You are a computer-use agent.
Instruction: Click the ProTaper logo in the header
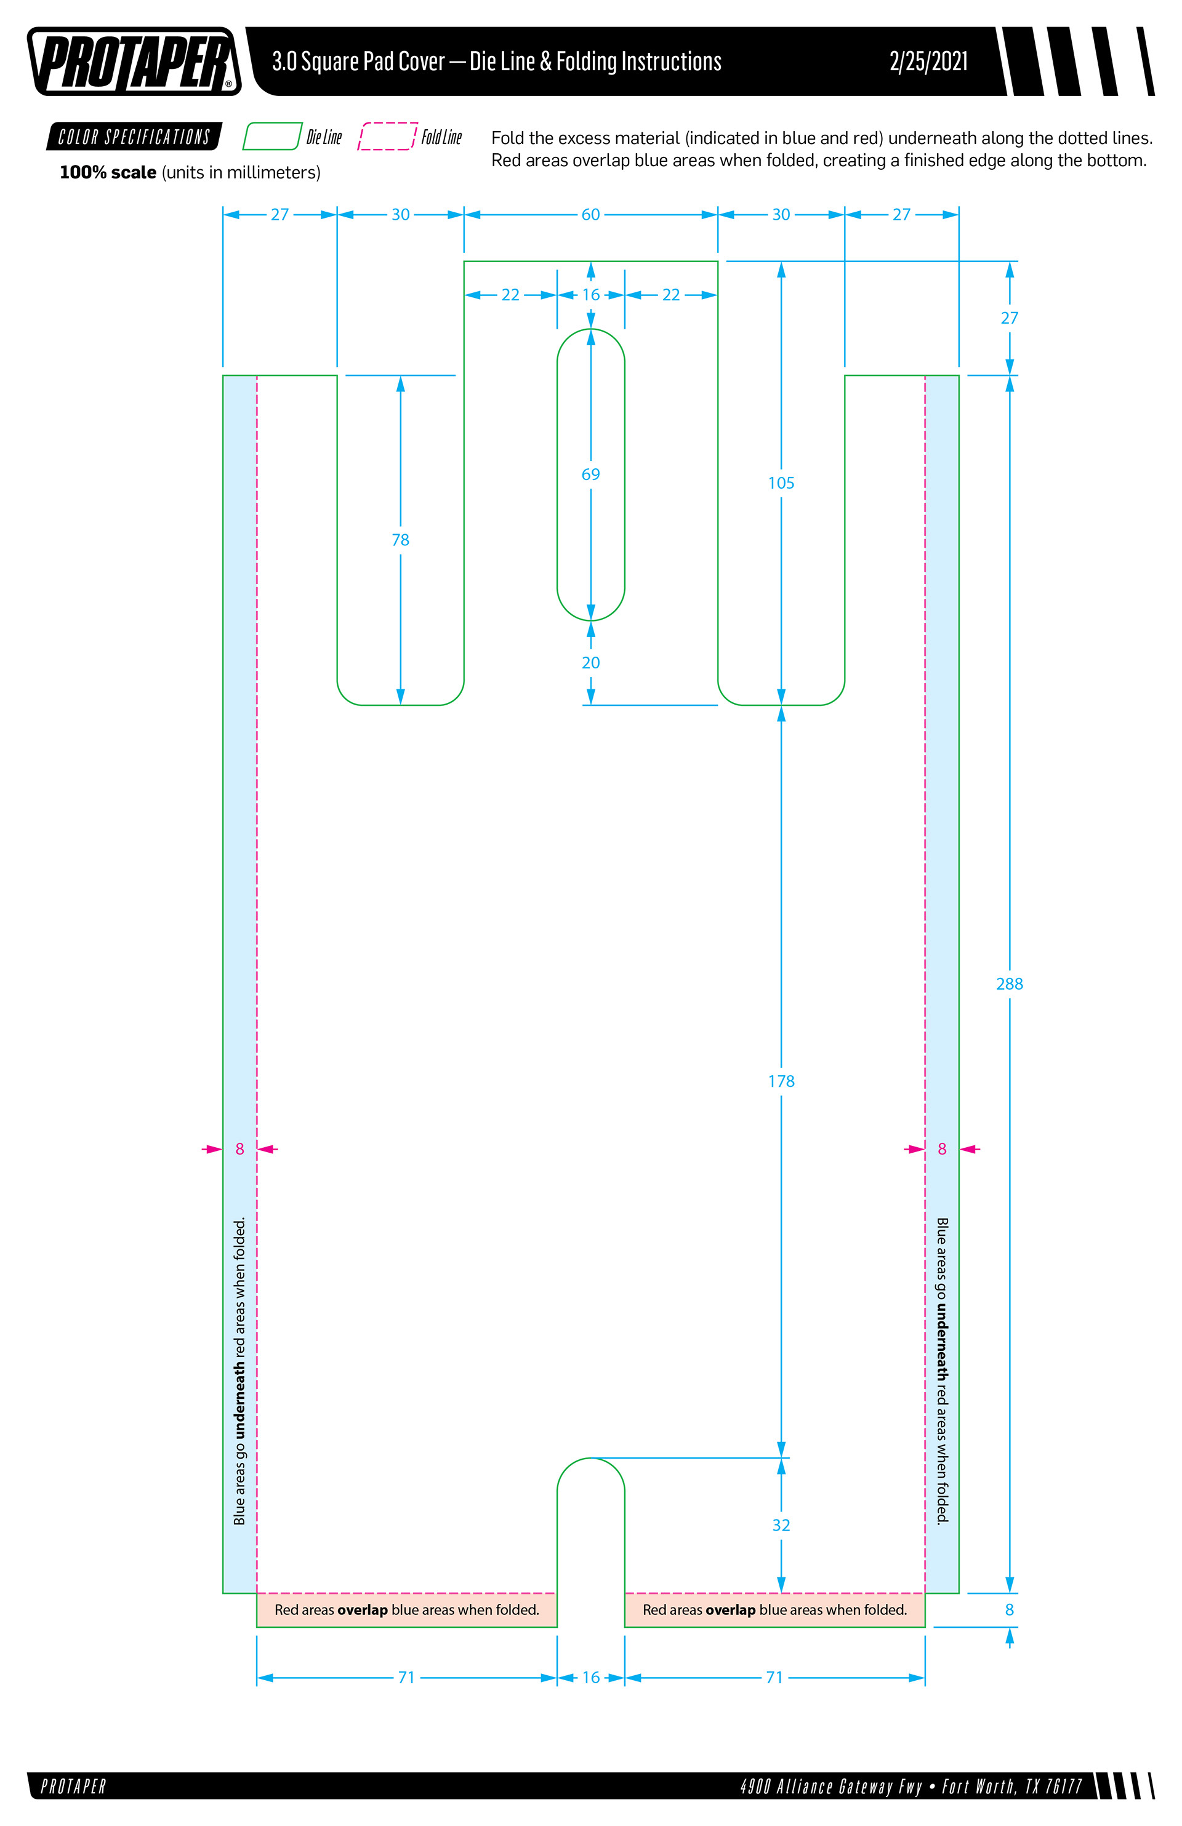134,62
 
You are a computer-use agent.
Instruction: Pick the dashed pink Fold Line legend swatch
388,137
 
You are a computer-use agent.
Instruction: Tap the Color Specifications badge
134,137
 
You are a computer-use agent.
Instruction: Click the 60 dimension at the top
590,215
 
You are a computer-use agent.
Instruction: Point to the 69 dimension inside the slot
590,474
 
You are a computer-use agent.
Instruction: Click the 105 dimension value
781,483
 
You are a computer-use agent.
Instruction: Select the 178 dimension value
781,1081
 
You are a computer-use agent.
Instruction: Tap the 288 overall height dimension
1008,983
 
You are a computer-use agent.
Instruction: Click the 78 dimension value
400,540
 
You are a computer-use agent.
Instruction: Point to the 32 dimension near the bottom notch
781,1525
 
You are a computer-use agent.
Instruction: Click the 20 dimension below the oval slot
590,663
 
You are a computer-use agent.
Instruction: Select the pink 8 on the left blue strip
239,1148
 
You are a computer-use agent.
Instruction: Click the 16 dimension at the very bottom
590,1677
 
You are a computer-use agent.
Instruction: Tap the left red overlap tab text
407,1609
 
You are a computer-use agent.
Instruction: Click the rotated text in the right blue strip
942,1369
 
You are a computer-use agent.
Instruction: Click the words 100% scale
108,172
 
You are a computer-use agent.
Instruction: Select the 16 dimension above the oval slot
590,295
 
